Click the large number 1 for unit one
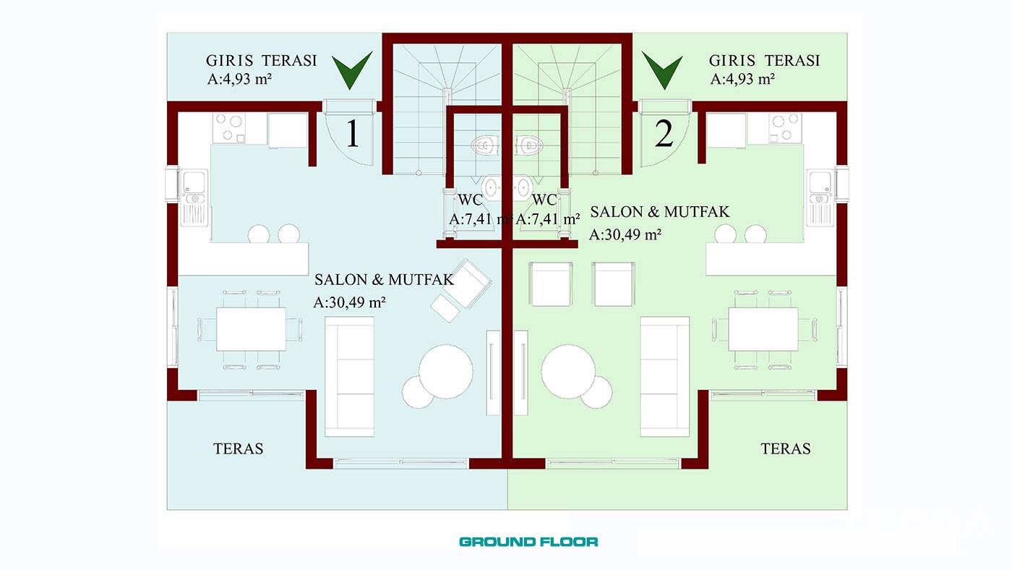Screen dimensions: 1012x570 pyautogui.click(x=353, y=133)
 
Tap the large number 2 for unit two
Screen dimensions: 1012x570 pyautogui.click(x=664, y=133)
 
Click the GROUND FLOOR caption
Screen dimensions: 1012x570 pyautogui.click(x=528, y=542)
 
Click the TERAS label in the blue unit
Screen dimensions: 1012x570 pyautogui.click(x=238, y=448)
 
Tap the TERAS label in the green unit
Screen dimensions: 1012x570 pyautogui.click(x=786, y=448)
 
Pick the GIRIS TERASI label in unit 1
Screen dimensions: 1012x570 pyautogui.click(x=261, y=61)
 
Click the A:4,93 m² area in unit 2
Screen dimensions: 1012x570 pyautogui.click(x=742, y=79)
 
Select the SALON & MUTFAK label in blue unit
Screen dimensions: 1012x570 pyautogui.click(x=384, y=280)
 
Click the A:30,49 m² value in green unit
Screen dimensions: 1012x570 pyautogui.click(x=625, y=234)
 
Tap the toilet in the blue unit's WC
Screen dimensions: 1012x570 pyautogui.click(x=485, y=145)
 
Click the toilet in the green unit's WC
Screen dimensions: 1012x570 pyautogui.click(x=528, y=145)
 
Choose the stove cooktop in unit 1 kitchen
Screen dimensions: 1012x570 pyautogui.click(x=229, y=128)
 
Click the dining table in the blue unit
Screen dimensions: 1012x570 pyautogui.click(x=251, y=329)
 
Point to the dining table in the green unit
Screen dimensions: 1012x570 pyautogui.click(x=763, y=329)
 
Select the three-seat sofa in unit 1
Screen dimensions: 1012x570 pyautogui.click(x=349, y=377)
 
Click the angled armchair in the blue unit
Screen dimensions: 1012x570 pyautogui.click(x=468, y=284)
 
